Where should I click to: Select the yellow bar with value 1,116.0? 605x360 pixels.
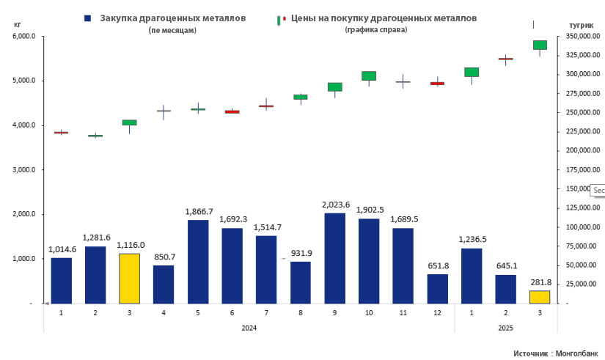[129, 278]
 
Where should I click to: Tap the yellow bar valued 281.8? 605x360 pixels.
[540, 297]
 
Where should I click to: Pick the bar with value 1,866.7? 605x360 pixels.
[198, 262]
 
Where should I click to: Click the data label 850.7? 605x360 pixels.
[164, 257]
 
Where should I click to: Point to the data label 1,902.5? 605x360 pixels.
[369, 210]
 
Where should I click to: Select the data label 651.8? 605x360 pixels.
[437, 265]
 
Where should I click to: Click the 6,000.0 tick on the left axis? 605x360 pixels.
[23, 36]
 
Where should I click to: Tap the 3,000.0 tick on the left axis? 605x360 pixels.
[23, 170]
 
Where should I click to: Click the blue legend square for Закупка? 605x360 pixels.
[88, 18]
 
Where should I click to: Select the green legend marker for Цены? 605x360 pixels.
[279, 19]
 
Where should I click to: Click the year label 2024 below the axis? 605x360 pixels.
[249, 327]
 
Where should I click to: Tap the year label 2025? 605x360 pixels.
[505, 327]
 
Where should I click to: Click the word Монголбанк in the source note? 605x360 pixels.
[577, 353]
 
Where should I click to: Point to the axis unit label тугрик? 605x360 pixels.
[581, 25]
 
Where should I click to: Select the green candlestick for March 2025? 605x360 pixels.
[540, 45]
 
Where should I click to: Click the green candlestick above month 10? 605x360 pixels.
[369, 76]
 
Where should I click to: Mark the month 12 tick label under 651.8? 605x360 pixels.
[437, 312]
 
